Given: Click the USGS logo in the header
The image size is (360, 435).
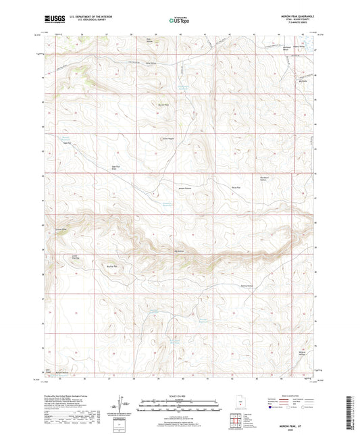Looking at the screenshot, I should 53,21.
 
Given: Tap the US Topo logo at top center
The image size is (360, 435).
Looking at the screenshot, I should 179,21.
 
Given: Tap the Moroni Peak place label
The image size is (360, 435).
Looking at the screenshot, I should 163,105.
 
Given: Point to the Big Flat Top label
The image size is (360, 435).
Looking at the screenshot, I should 112,267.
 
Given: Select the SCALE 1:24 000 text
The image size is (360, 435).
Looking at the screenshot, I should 180,395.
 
